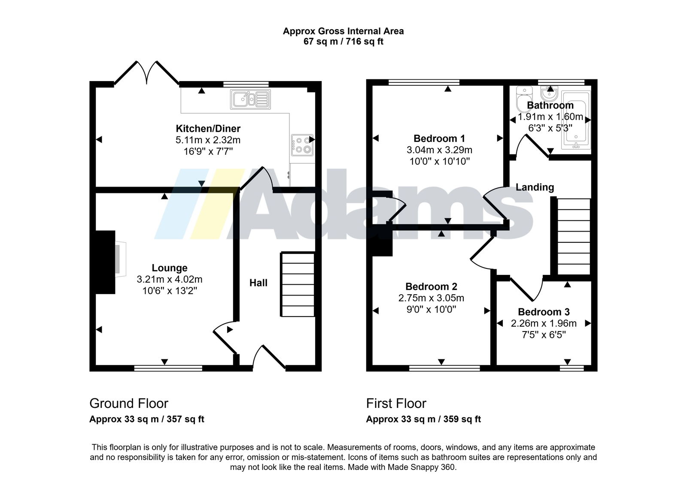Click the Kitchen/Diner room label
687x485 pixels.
tap(208, 128)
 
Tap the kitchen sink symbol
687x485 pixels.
tap(250, 99)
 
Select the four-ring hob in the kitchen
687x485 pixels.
tap(302, 145)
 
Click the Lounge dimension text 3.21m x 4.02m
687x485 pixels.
tap(169, 279)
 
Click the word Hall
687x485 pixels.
tap(258, 283)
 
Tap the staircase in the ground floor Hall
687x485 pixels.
tap(298, 284)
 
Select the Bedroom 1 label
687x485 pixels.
tap(439, 139)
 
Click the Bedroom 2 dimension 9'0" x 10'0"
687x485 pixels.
tap(431, 309)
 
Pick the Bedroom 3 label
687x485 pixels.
tap(544, 312)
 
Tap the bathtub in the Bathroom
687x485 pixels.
tap(576, 120)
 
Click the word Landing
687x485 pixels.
tap(535, 187)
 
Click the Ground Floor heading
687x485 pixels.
tap(129, 403)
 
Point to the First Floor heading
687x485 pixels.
tap(396, 403)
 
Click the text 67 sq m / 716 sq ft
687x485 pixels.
tap(343, 41)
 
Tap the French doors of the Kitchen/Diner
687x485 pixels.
tap(146, 73)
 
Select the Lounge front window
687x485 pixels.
tap(168, 368)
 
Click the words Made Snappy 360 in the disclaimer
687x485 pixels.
tap(421, 467)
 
